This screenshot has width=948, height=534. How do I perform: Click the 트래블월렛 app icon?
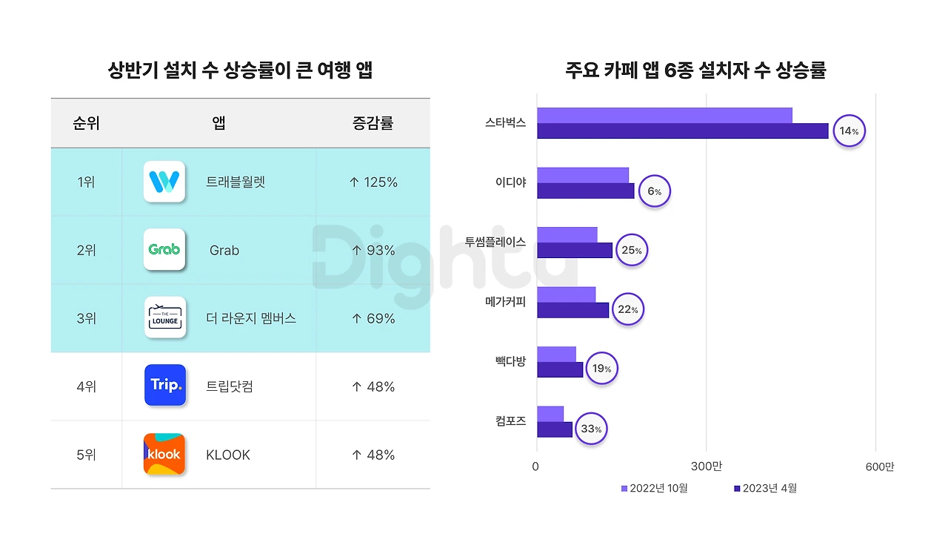[x=164, y=182]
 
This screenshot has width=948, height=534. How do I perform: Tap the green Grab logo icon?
[x=164, y=250]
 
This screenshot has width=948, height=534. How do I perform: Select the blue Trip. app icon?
[x=165, y=385]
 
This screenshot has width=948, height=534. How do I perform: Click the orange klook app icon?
[x=164, y=454]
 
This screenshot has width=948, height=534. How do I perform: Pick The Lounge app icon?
[x=164, y=317]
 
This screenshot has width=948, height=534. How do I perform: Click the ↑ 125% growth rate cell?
[x=373, y=182]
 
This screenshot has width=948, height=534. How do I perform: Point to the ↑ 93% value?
[x=373, y=251]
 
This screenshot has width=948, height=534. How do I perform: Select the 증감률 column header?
[x=373, y=123]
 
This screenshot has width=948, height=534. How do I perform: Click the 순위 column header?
[x=86, y=123]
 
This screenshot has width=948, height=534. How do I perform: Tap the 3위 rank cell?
[x=86, y=319]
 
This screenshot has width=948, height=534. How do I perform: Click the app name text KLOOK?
[x=228, y=455]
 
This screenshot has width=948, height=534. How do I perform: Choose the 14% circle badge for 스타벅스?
[x=849, y=131]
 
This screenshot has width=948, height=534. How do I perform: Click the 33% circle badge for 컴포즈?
[x=590, y=429]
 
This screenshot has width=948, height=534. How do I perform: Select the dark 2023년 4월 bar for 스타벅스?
[x=682, y=131]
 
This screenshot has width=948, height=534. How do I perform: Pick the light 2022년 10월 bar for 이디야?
[x=582, y=175]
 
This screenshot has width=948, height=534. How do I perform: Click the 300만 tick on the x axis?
[x=706, y=467]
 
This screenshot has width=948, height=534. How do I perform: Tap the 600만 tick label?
[x=879, y=467]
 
